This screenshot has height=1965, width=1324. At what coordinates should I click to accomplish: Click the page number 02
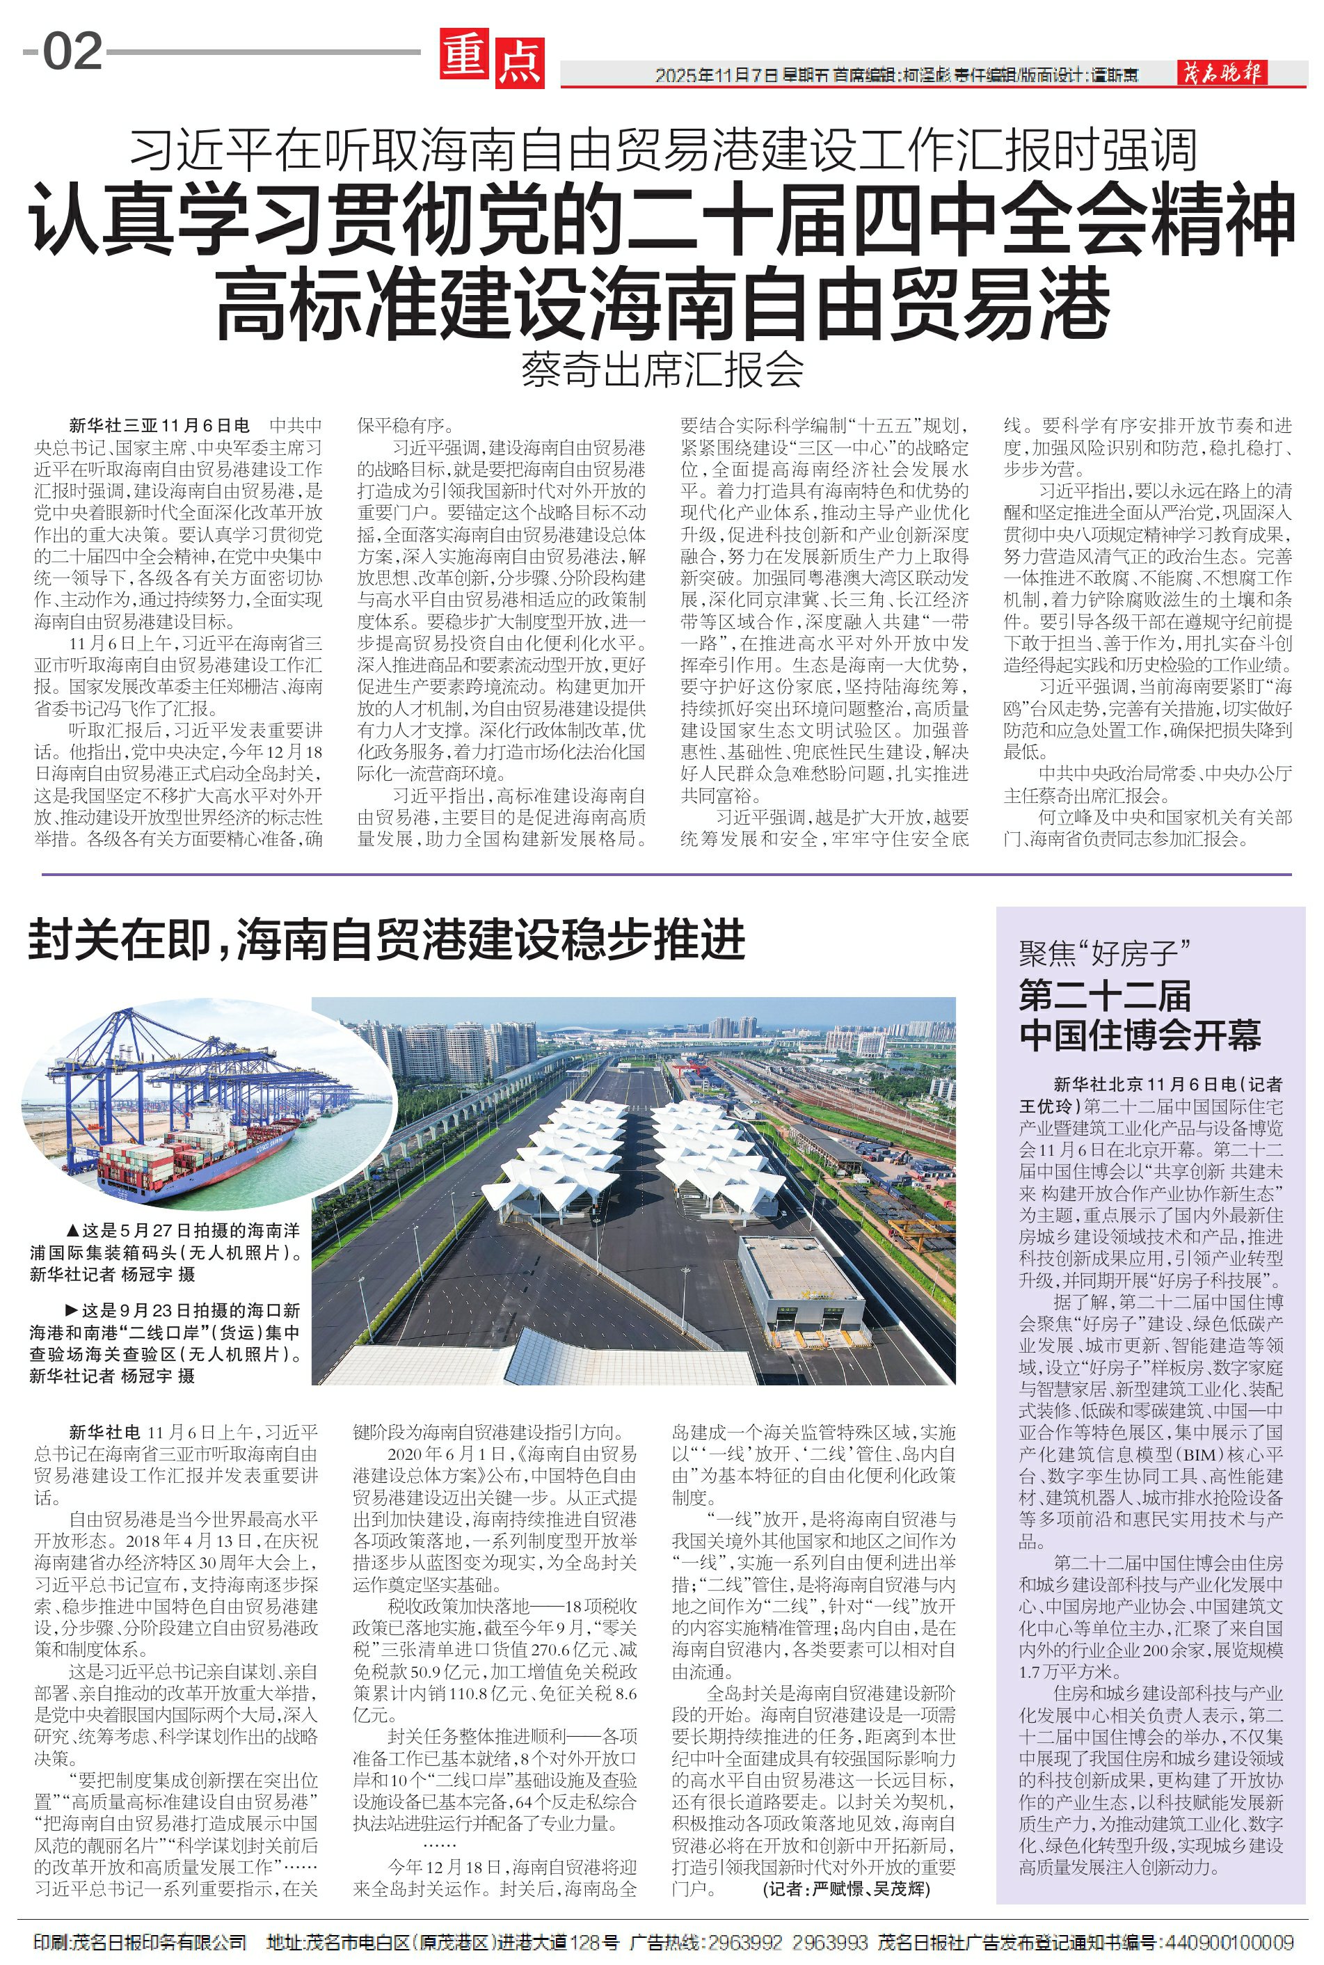72,51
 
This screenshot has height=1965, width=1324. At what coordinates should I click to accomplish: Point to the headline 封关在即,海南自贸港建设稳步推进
388,939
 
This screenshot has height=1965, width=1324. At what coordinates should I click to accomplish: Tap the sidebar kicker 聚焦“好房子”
1103,954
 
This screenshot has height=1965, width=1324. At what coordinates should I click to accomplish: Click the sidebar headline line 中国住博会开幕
1140,1035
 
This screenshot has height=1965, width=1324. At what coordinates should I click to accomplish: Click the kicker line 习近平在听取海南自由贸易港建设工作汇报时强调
663,150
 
